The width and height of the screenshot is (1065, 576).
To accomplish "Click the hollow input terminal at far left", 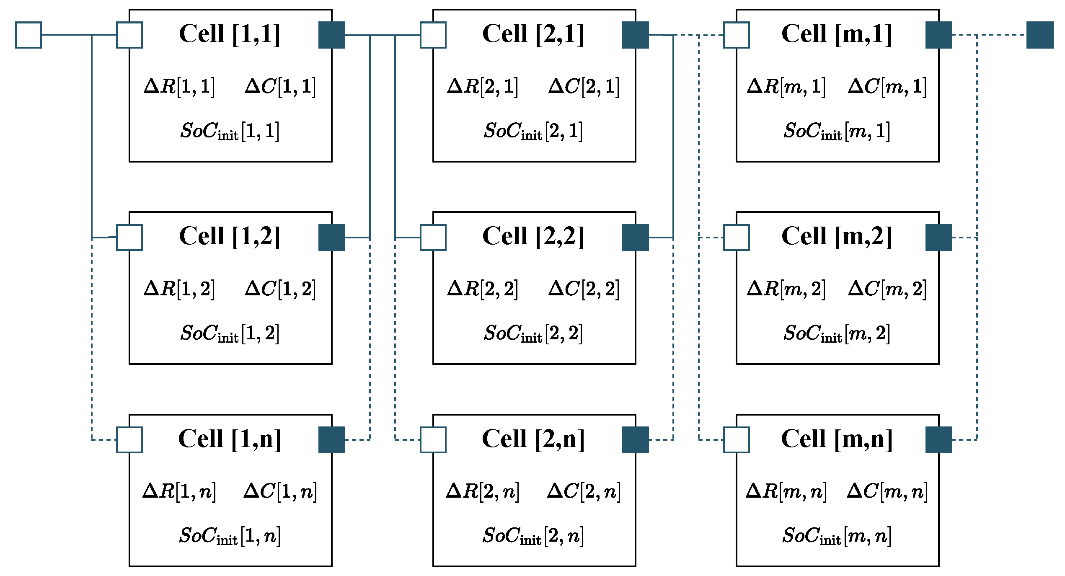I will [x=28, y=35].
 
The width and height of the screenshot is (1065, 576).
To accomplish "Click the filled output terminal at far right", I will [x=1039, y=35].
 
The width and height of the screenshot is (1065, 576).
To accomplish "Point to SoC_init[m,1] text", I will [x=837, y=131].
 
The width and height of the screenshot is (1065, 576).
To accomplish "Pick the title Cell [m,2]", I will [x=837, y=236].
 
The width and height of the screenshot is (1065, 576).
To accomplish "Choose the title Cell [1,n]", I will [x=230, y=439].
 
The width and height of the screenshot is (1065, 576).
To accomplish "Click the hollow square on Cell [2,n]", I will [x=433, y=440].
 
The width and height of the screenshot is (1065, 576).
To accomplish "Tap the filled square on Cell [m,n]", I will [x=938, y=440].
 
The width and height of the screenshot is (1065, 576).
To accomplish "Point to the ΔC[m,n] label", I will [x=887, y=491].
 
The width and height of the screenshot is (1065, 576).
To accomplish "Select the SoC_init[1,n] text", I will [x=230, y=536].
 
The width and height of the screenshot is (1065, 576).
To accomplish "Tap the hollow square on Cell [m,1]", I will [x=737, y=35].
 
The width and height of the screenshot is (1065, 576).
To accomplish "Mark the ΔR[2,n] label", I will [x=483, y=491].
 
